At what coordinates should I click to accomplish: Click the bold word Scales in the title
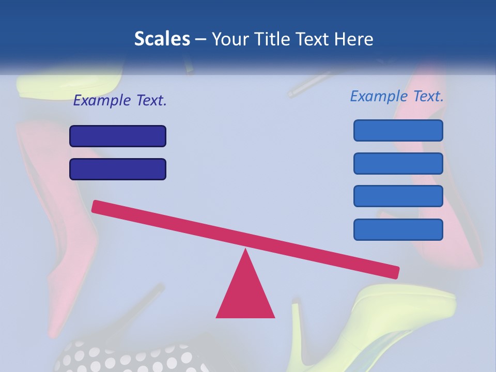(x=162, y=39)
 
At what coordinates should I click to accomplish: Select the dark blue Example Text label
(x=120, y=100)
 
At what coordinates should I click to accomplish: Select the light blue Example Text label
(x=397, y=96)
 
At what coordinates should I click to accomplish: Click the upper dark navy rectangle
(x=118, y=136)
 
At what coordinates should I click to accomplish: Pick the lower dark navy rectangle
(x=118, y=169)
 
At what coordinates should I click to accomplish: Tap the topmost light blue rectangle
(x=398, y=130)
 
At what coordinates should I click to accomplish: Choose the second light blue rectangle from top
(x=398, y=163)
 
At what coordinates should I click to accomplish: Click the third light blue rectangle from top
(x=398, y=196)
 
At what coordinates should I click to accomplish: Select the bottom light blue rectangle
(x=398, y=229)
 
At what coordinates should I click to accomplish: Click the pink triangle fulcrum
(x=245, y=295)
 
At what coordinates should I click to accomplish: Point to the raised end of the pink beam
(x=96, y=206)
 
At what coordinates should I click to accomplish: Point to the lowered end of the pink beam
(x=395, y=272)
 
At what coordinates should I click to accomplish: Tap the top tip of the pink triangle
(x=245, y=252)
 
